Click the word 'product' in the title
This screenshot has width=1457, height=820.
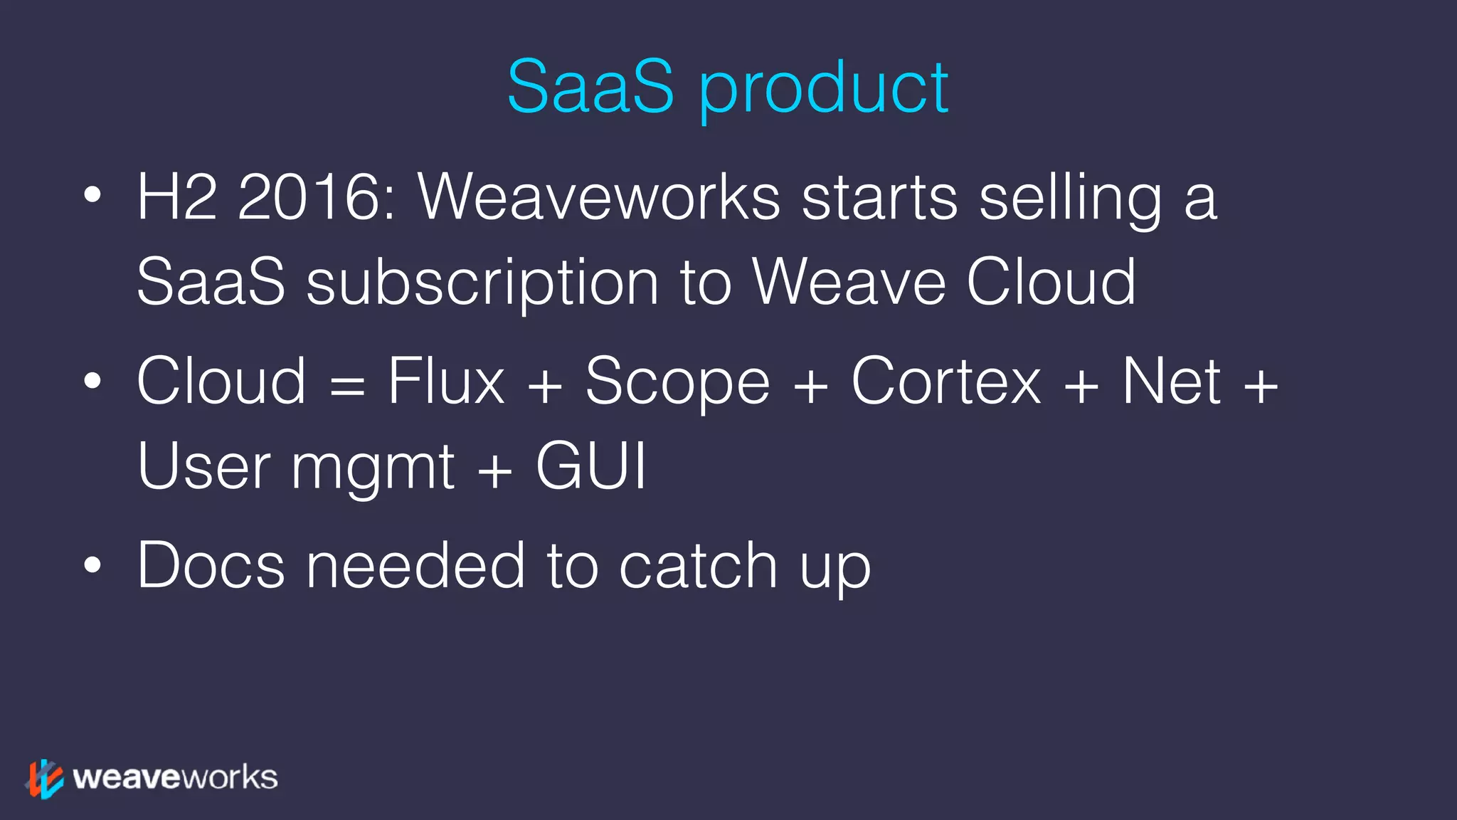point(824,89)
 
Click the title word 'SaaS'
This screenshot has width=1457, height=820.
point(590,87)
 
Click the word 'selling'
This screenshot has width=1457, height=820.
point(1070,199)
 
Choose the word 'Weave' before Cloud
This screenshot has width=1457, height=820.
point(849,283)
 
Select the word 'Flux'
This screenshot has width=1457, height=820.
point(446,382)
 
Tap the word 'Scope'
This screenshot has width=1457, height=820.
point(677,384)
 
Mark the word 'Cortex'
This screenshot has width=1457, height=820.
point(946,382)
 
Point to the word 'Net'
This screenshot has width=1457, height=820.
point(1172,382)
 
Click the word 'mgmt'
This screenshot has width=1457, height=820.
point(373,470)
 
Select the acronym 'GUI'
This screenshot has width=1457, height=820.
point(590,466)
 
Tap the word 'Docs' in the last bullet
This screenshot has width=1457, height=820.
point(211,566)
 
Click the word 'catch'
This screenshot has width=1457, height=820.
point(698,566)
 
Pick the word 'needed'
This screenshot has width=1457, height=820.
point(415,566)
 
